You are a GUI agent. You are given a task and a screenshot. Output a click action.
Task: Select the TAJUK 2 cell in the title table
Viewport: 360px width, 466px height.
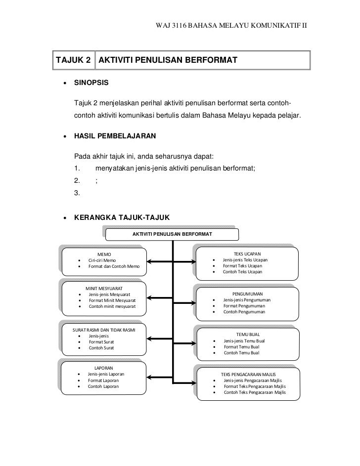(x=74, y=60)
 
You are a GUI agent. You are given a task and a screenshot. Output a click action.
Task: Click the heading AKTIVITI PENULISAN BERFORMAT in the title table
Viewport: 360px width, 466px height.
(x=168, y=60)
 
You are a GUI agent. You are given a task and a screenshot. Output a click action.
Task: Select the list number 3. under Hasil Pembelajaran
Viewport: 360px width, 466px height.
(x=77, y=194)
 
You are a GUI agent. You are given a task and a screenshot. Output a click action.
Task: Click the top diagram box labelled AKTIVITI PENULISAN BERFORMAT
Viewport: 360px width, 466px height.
(x=172, y=233)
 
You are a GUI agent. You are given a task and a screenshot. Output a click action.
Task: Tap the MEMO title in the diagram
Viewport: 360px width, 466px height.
(x=104, y=254)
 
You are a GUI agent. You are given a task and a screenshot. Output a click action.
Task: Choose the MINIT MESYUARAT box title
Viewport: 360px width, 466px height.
(x=104, y=289)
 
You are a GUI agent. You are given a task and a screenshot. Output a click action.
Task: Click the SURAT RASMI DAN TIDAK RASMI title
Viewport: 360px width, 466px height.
(x=104, y=330)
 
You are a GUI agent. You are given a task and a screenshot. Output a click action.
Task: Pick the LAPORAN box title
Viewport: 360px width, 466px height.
(x=104, y=368)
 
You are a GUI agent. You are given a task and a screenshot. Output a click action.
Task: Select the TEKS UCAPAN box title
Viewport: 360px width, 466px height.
(x=247, y=254)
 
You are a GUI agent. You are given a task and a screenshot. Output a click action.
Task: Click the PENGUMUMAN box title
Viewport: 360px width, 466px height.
(x=247, y=294)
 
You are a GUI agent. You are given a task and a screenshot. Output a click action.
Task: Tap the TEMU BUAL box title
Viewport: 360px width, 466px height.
(x=248, y=335)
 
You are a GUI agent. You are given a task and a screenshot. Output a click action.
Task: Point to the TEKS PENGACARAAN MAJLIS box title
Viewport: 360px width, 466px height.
(x=248, y=375)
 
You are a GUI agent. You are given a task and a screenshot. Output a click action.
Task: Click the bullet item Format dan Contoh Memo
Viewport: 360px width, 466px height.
(x=114, y=267)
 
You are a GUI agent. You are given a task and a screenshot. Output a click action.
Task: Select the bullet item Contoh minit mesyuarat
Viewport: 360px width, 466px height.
(x=111, y=306)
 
